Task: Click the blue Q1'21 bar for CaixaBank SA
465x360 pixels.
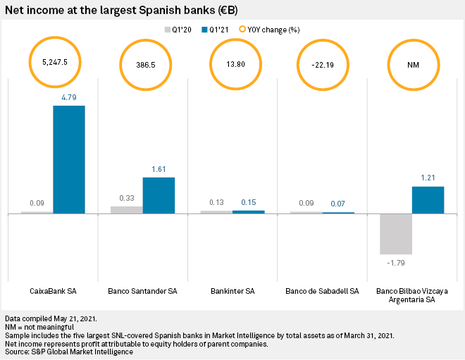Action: coord(69,159)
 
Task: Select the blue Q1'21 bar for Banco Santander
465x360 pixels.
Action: coord(159,194)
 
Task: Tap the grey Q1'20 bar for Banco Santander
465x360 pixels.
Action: coord(127,209)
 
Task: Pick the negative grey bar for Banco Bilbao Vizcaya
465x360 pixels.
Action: coord(396,233)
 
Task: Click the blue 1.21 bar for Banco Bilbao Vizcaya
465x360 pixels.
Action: coord(428,199)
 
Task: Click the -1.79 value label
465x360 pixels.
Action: coord(395,263)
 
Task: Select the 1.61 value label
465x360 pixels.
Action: coord(159,170)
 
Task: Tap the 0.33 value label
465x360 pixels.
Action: coord(127,199)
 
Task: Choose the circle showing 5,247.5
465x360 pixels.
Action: coord(54,62)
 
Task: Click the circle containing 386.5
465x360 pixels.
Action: coord(146,63)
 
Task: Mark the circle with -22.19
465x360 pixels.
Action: coord(323,63)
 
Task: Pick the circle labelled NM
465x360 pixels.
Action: coord(413,63)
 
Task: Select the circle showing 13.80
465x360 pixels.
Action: coord(235,63)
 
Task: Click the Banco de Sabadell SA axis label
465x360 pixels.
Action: coord(322,291)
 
